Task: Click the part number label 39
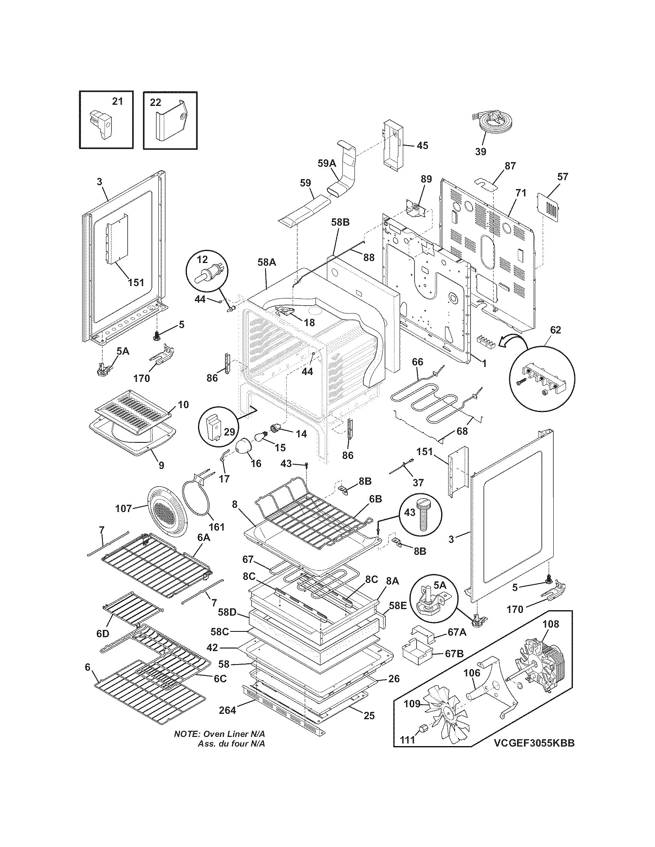point(480,152)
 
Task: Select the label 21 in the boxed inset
point(117,102)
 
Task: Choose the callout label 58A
point(267,262)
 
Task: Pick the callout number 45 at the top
point(422,146)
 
